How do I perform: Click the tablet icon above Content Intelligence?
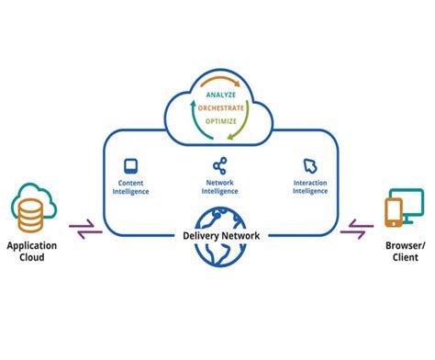(x=130, y=166)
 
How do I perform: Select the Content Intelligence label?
(x=130, y=186)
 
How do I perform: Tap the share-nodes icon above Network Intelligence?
(x=219, y=166)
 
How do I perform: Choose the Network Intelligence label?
(x=219, y=186)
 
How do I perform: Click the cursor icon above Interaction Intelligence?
(x=309, y=166)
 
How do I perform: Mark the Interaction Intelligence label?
(x=309, y=186)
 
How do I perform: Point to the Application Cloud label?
(x=32, y=253)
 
